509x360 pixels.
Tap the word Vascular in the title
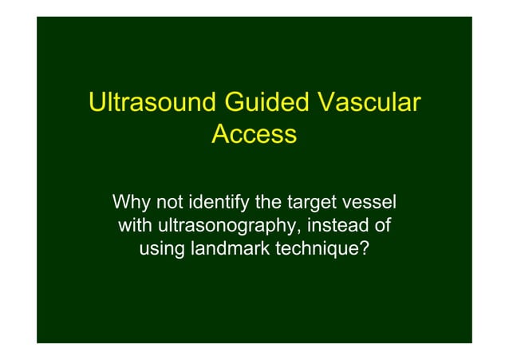[x=370, y=105]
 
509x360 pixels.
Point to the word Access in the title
[x=254, y=135]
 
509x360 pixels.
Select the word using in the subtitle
[x=162, y=251]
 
